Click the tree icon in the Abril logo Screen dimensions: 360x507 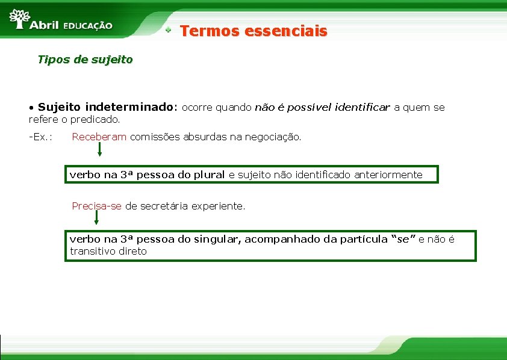pos(20,19)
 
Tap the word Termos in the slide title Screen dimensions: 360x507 pos(207,31)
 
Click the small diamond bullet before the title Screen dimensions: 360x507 pos(170,29)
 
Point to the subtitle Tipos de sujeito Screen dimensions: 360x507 pos(85,60)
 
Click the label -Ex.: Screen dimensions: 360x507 pos(40,137)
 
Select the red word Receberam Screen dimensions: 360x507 pos(99,137)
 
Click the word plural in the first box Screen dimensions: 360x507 pos(210,175)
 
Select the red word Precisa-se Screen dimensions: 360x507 pos(96,206)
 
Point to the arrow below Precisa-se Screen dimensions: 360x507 pos(97,221)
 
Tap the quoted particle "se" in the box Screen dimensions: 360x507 pos(403,239)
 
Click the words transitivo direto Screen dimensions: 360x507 pos(108,251)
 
